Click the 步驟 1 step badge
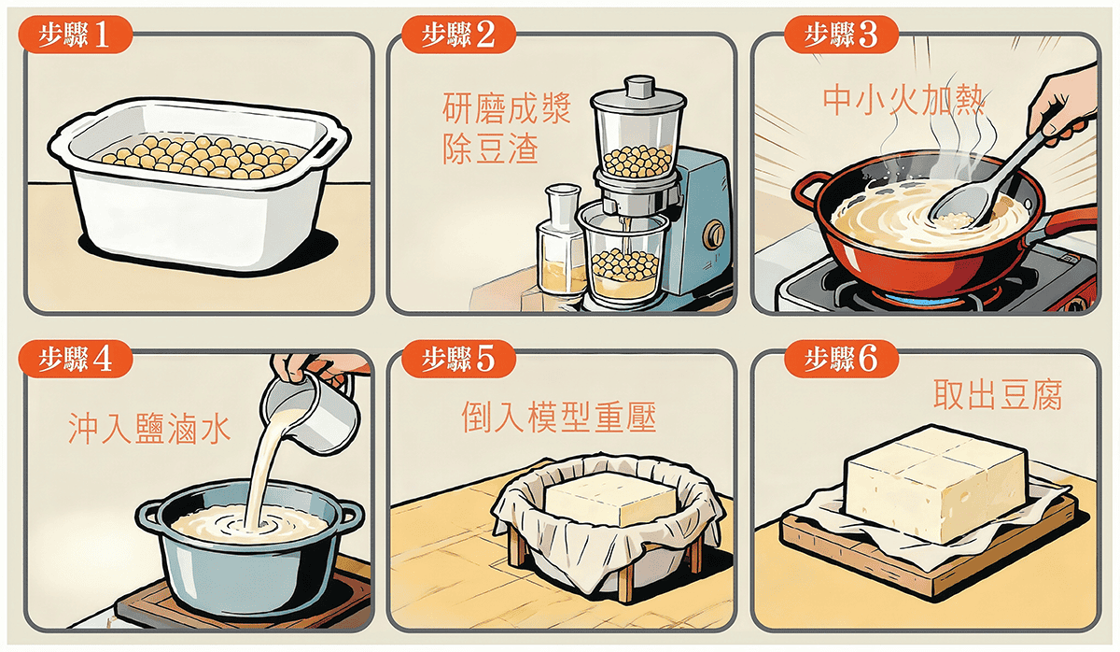click(x=76, y=35)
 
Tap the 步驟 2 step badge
click(x=458, y=35)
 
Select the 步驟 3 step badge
click(x=842, y=35)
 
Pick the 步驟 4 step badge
click(x=76, y=359)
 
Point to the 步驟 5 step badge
click(x=458, y=359)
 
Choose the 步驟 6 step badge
click(x=842, y=359)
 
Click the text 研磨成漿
click(x=507, y=108)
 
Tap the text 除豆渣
click(x=491, y=149)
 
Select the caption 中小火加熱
click(x=903, y=99)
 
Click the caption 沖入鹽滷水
click(x=149, y=429)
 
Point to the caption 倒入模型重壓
click(x=558, y=417)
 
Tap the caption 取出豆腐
click(x=998, y=395)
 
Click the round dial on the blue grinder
click(x=713, y=234)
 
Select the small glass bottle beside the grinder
click(x=561, y=240)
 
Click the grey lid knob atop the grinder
click(x=639, y=87)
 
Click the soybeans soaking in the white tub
click(x=200, y=157)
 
